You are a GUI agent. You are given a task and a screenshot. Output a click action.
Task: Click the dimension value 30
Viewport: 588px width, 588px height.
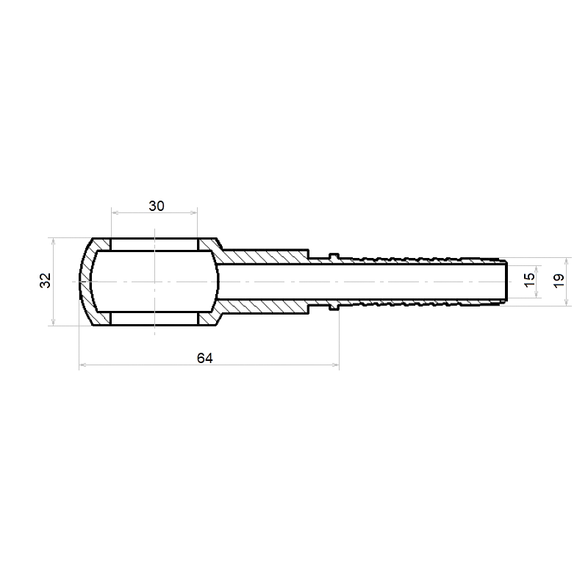point(157,206)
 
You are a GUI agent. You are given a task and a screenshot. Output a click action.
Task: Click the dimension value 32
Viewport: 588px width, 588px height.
point(46,280)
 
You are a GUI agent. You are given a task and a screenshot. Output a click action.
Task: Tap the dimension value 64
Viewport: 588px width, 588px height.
point(205,358)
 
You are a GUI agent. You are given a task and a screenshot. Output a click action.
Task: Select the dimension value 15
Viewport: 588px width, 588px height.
point(529,280)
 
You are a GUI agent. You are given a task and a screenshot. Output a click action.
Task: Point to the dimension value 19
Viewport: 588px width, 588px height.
point(559,281)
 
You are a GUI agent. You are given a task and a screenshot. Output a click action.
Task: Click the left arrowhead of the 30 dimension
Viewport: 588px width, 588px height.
point(115,212)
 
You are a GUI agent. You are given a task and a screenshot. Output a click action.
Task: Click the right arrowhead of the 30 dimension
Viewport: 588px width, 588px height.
point(194,212)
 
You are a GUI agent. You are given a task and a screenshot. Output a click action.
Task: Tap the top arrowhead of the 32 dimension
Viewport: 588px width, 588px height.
point(53,242)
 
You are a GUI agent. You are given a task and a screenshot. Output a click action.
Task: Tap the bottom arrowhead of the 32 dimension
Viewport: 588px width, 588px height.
point(53,322)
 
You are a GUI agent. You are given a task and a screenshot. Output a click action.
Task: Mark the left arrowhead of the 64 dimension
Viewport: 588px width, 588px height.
point(83,365)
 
